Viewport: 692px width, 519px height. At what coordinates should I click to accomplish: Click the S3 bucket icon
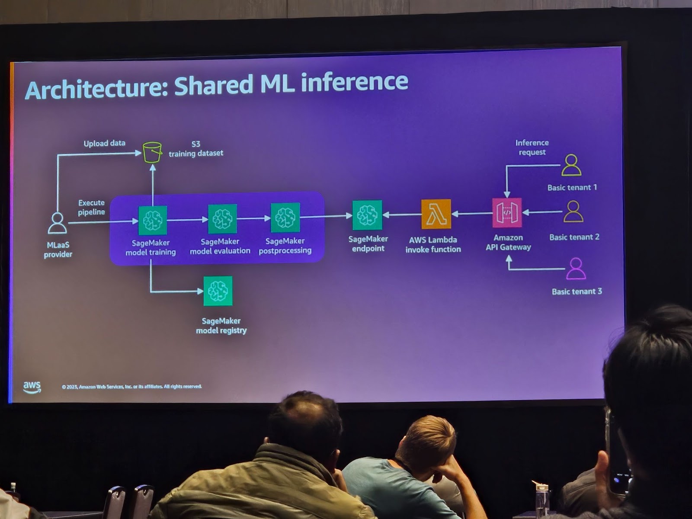(x=152, y=152)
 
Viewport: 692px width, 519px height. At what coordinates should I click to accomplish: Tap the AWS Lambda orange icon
(x=436, y=214)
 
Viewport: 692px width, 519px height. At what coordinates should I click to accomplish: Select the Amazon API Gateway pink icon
(x=507, y=212)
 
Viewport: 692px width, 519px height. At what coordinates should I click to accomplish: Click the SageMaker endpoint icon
(x=367, y=215)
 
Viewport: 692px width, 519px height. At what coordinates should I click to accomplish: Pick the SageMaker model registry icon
(x=218, y=291)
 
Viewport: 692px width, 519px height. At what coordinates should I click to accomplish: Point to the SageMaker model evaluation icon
(x=222, y=219)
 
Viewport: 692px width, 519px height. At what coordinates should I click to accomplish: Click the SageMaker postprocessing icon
(x=285, y=218)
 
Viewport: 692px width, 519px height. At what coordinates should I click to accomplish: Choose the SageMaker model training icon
(x=153, y=220)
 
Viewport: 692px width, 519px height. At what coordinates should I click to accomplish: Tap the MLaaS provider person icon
(x=57, y=223)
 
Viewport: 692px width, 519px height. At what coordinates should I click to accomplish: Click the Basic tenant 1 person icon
(x=571, y=165)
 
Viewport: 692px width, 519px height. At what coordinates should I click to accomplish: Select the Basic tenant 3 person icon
(x=576, y=269)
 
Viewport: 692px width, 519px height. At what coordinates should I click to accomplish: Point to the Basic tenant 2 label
(x=574, y=237)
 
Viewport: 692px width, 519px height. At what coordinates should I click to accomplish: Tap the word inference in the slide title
(x=354, y=82)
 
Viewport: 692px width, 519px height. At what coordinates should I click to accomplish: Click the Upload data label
(x=104, y=143)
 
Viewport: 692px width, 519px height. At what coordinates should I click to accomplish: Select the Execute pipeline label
(x=91, y=207)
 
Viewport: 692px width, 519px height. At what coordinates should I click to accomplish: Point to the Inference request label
(x=532, y=147)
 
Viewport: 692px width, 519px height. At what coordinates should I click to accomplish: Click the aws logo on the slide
(x=32, y=387)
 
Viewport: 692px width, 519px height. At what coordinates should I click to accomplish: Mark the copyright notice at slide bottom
(x=131, y=387)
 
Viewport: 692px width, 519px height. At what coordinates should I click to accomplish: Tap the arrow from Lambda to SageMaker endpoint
(x=402, y=215)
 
